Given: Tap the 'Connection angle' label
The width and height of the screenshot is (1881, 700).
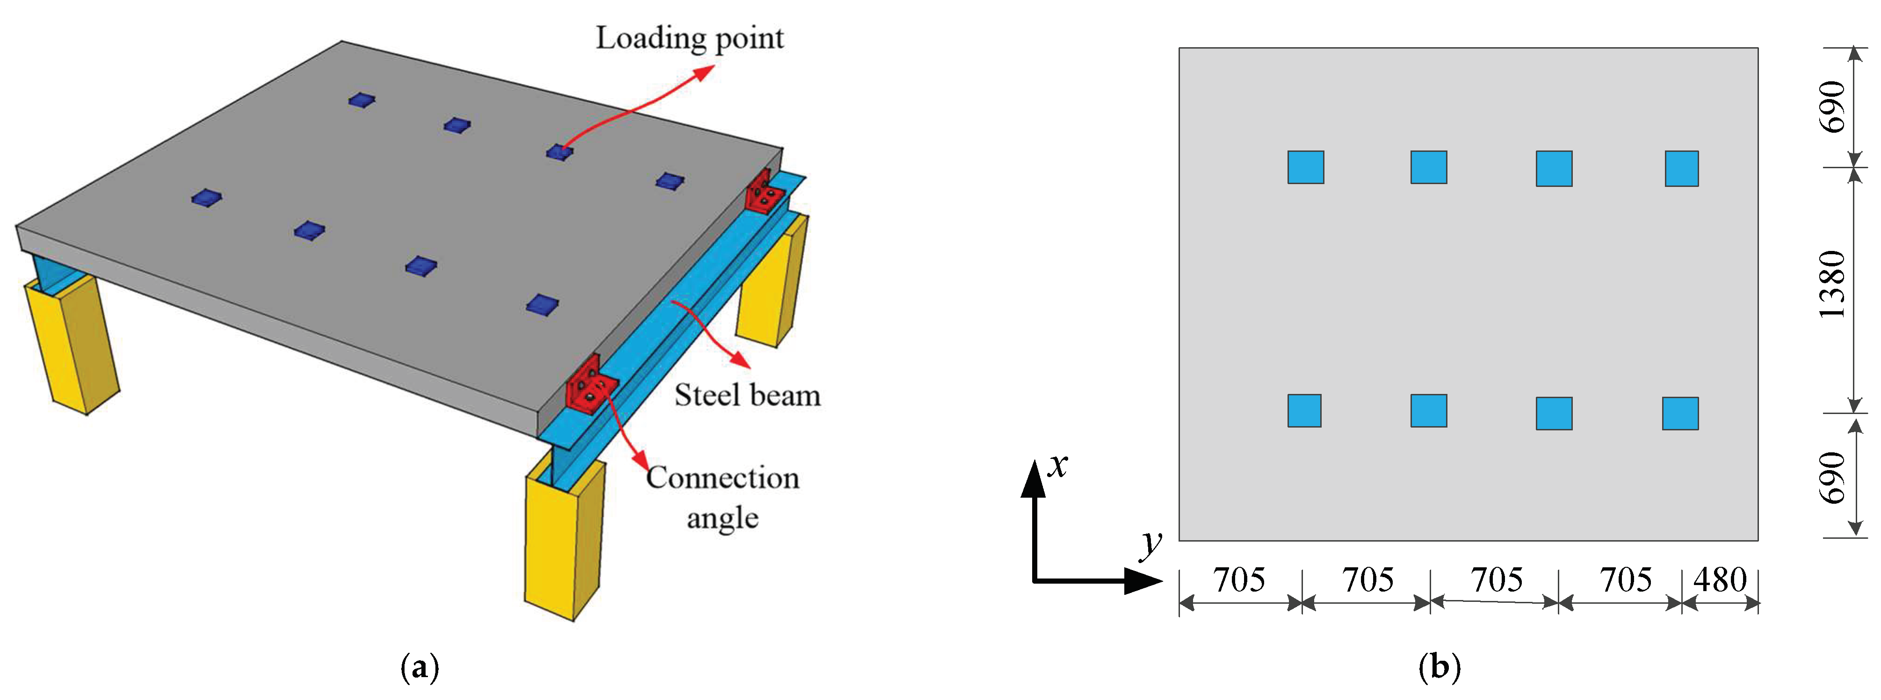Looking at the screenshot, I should coord(722,496).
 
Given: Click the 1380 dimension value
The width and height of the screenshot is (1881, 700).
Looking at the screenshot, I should coord(1832,284).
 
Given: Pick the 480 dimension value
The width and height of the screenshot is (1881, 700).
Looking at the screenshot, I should coord(1720,580).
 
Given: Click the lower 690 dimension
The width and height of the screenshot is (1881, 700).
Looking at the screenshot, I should coord(1832,478).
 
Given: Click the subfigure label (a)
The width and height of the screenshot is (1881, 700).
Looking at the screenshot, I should coord(420,667).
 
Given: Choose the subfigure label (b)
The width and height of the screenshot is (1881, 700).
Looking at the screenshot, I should coord(1439,667).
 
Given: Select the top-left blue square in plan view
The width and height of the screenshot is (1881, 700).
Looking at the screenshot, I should coord(1306,167).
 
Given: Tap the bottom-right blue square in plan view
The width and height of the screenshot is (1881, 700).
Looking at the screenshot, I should coord(1680,413).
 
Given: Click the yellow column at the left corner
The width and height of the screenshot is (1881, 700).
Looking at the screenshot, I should coord(72,343).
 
